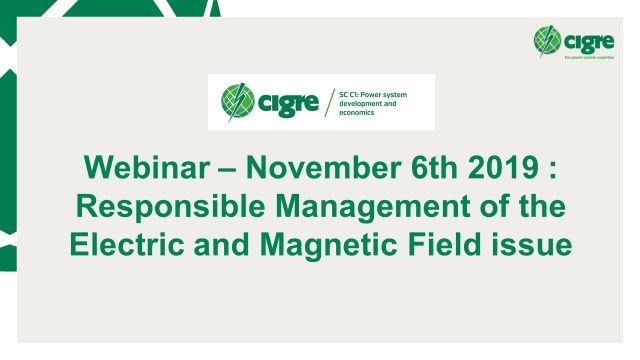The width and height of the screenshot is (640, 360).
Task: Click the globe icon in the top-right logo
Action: point(547,40)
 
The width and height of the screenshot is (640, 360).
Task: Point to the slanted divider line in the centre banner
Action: point(330,101)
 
